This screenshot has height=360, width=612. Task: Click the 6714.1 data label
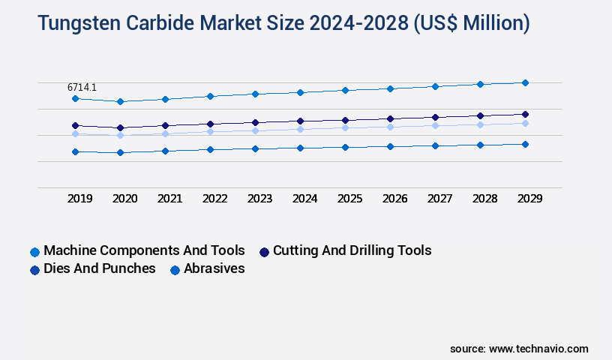pyautogui.click(x=82, y=88)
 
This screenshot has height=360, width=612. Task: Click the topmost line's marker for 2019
pyautogui.click(x=75, y=98)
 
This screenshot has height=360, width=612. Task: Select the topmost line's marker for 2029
pyautogui.click(x=525, y=82)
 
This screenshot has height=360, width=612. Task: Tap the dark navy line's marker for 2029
pyautogui.click(x=525, y=114)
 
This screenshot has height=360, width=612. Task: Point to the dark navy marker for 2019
pyautogui.click(x=75, y=125)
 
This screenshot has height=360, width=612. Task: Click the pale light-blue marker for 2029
pyautogui.click(x=525, y=123)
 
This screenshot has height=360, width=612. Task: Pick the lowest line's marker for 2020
pyautogui.click(x=120, y=152)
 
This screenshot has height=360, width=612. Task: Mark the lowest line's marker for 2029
pyautogui.click(x=525, y=144)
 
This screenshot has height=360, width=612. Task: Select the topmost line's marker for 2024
pyautogui.click(x=300, y=92)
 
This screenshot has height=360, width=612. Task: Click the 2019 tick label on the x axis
pyautogui.click(x=80, y=199)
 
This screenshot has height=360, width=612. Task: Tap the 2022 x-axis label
pyautogui.click(x=215, y=199)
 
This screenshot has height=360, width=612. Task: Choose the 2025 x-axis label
pyautogui.click(x=350, y=199)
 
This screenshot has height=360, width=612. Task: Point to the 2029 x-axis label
pyautogui.click(x=529, y=199)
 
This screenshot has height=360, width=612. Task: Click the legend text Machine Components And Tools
pyautogui.click(x=144, y=250)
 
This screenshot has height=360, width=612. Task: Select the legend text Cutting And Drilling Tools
pyautogui.click(x=352, y=250)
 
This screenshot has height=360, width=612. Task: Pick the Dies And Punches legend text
pyautogui.click(x=100, y=268)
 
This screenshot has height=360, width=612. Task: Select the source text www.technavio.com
pyautogui.click(x=538, y=349)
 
